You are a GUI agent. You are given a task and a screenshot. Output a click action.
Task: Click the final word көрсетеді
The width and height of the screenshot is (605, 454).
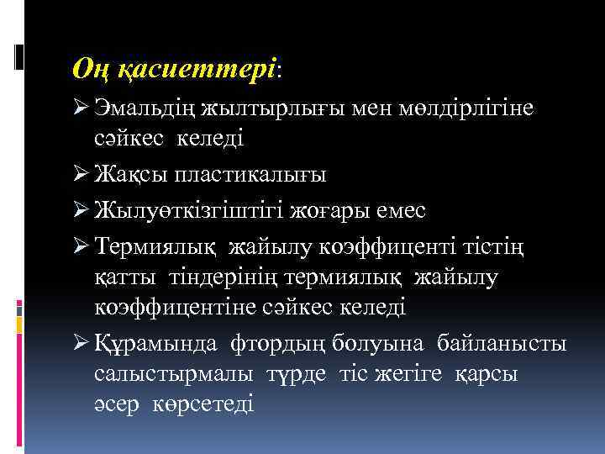coord(203,404)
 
